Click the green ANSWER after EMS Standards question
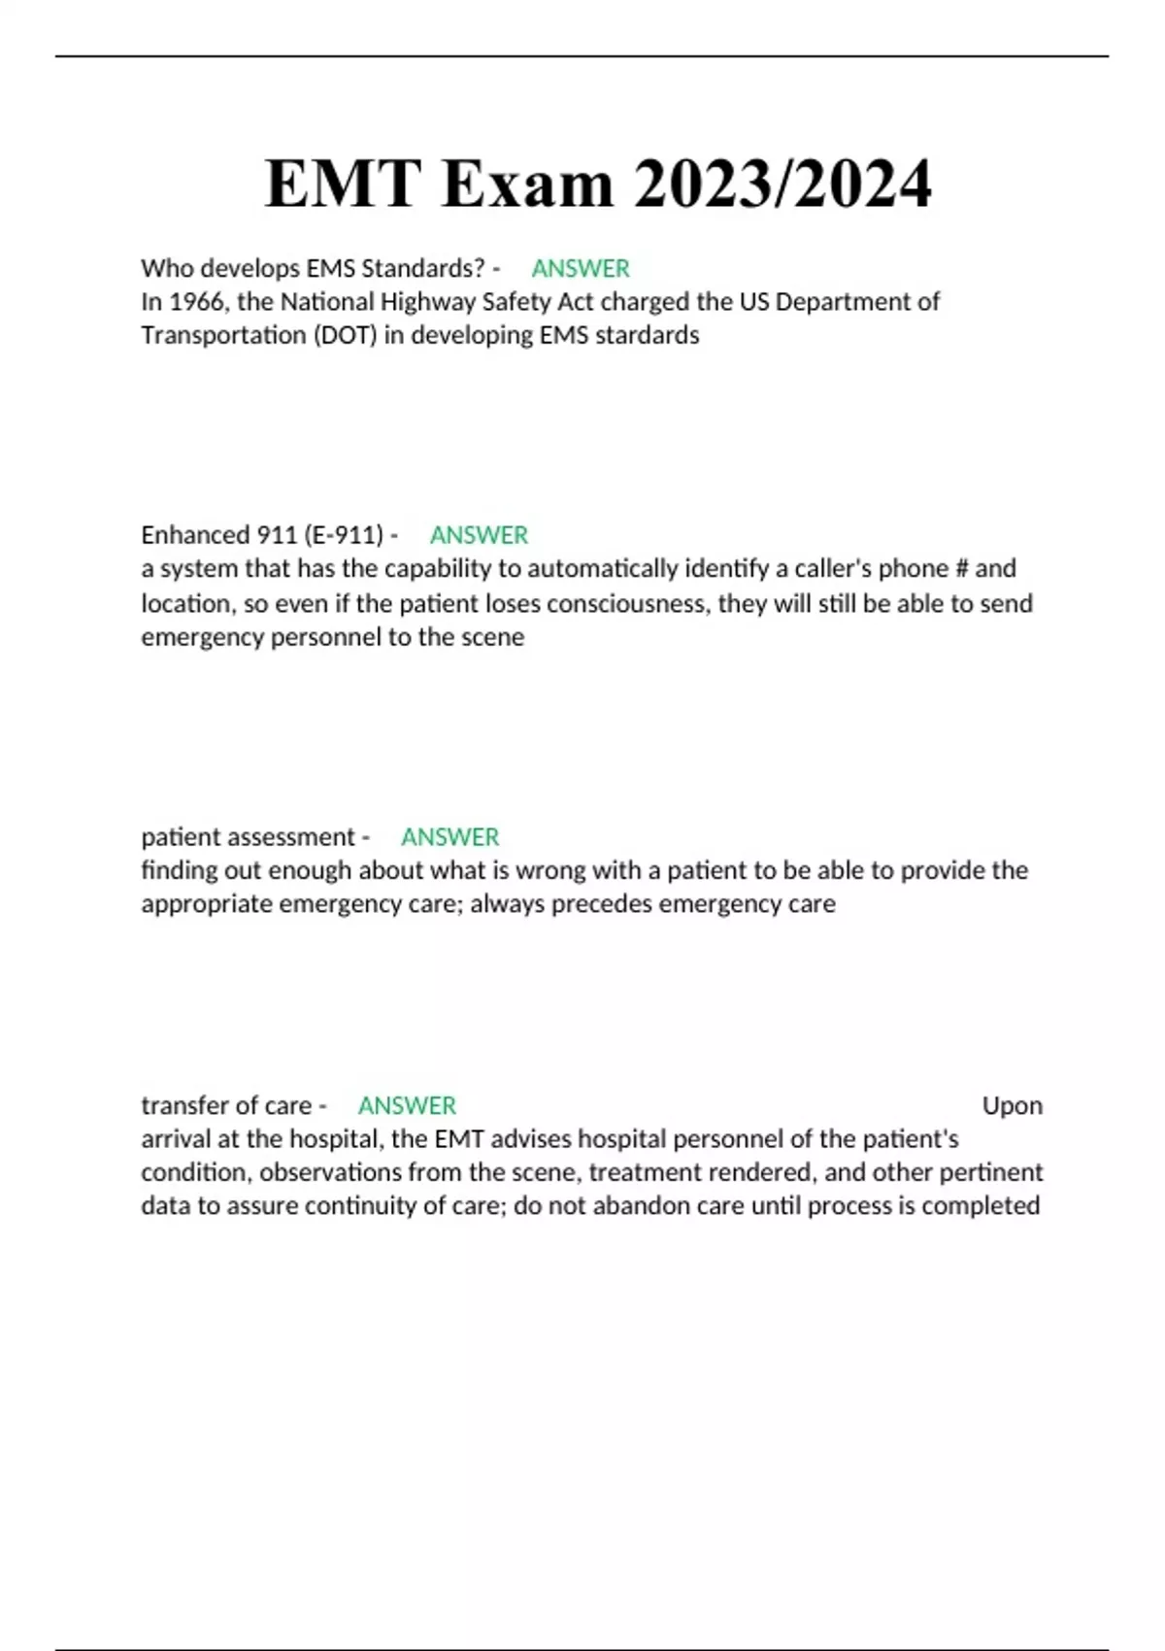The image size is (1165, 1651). [x=581, y=268]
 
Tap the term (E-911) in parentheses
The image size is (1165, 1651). [x=344, y=535]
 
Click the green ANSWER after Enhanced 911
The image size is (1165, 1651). [x=479, y=535]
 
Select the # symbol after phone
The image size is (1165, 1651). [x=962, y=568]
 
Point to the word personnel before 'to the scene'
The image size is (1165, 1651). [x=325, y=637]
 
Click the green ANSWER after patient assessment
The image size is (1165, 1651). [x=449, y=837]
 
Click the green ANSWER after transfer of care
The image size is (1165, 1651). [x=407, y=1105]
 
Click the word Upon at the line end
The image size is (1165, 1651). [x=1012, y=1105]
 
